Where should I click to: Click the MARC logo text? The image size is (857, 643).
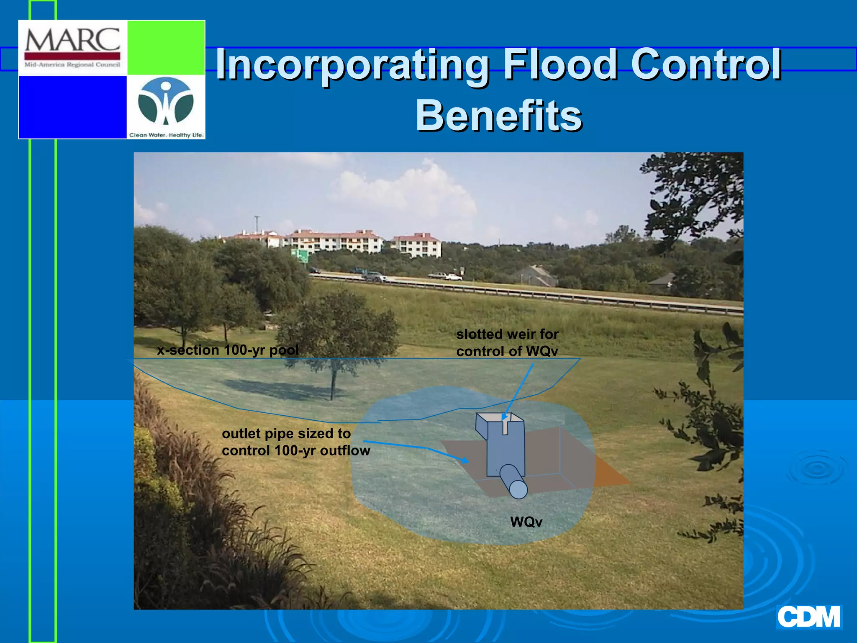click(x=72, y=40)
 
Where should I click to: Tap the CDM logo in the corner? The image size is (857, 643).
click(x=808, y=617)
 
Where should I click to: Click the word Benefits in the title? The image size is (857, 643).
click(x=498, y=115)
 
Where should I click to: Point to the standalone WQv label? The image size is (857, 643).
click(x=526, y=522)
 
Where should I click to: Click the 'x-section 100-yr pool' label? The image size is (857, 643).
click(x=228, y=350)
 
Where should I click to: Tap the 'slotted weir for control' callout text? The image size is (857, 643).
click(x=507, y=342)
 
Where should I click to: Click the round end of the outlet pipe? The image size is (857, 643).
click(x=518, y=489)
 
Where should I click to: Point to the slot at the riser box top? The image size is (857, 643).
click(x=506, y=426)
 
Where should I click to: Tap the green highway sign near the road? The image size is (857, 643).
click(x=300, y=255)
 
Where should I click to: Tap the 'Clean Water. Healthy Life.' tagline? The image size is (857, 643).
click(x=166, y=135)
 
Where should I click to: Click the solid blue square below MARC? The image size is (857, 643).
click(x=73, y=107)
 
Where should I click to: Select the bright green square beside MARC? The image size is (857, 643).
click(x=166, y=47)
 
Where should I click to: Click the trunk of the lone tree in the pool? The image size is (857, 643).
click(x=333, y=383)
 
